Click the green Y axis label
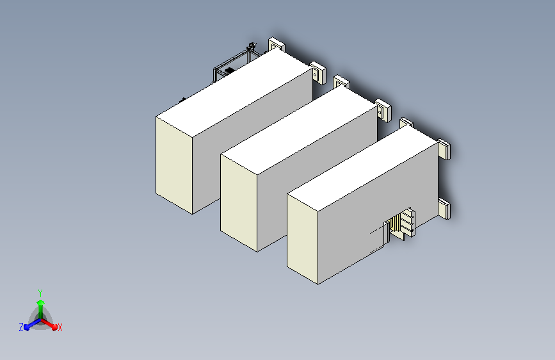[x=40, y=293]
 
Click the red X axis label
[x=60, y=328]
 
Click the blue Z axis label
[x=21, y=327]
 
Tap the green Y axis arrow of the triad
[x=41, y=309]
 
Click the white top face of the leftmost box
[x=234, y=92]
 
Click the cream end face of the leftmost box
[x=174, y=165]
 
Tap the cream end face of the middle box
[x=239, y=202]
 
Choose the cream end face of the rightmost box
[x=303, y=239]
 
